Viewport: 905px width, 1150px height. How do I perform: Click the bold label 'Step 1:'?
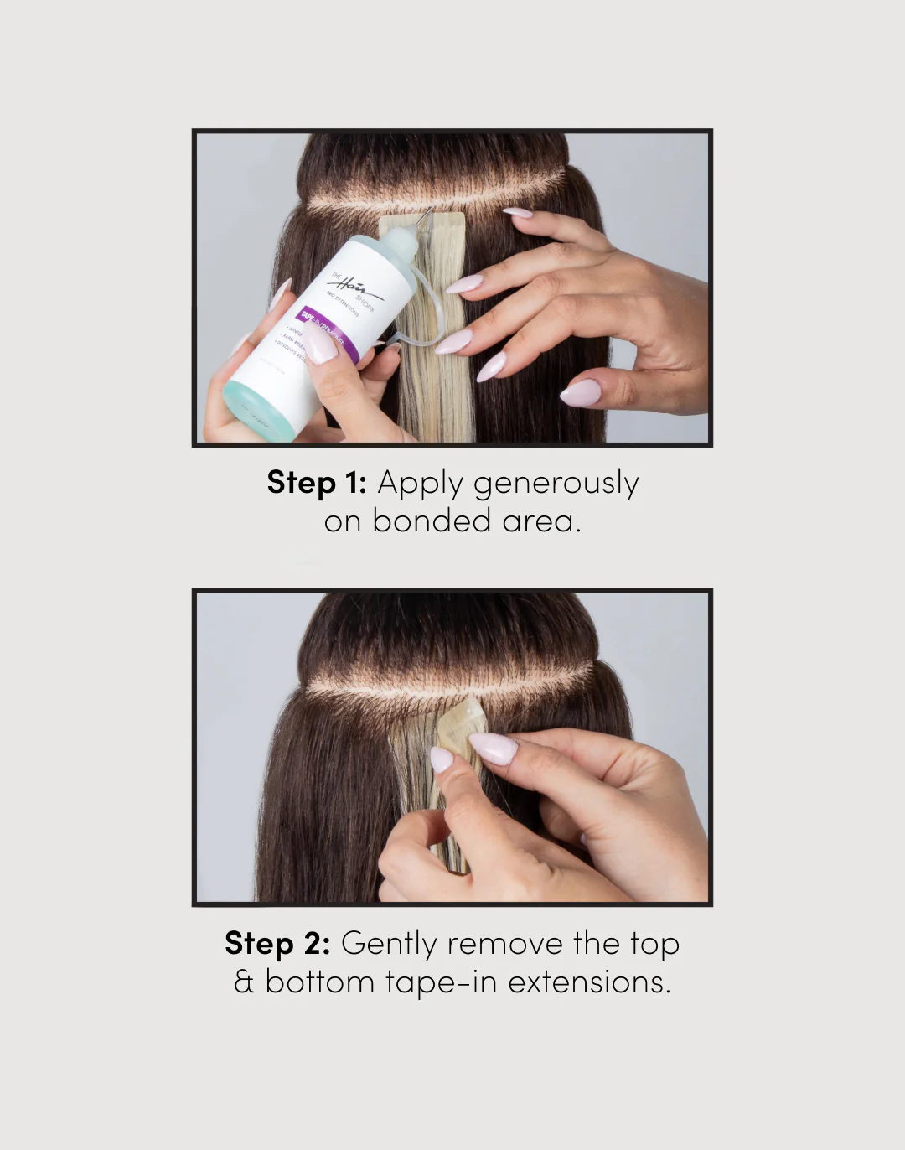click(317, 483)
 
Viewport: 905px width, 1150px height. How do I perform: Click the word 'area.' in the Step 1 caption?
click(541, 521)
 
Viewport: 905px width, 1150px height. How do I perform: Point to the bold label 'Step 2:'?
click(277, 944)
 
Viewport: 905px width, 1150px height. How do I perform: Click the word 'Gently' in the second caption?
click(389, 945)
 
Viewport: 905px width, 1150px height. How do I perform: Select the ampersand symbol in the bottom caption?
click(244, 982)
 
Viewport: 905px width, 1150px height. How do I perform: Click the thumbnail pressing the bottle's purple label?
click(319, 344)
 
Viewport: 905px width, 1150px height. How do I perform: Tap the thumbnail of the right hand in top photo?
click(580, 392)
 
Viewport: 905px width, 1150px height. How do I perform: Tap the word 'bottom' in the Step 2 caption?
click(319, 982)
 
